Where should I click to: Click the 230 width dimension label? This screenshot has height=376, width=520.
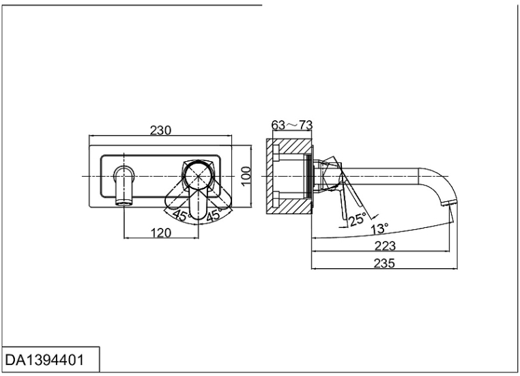coord(160,130)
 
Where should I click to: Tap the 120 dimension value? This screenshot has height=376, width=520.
coord(160,232)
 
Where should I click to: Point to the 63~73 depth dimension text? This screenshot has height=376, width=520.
coord(292,125)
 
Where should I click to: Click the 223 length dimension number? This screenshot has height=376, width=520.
coord(385,246)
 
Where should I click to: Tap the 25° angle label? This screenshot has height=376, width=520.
coord(357,219)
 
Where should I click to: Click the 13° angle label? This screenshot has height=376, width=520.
coord(379,229)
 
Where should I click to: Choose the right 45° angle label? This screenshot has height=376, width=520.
coord(214,216)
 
